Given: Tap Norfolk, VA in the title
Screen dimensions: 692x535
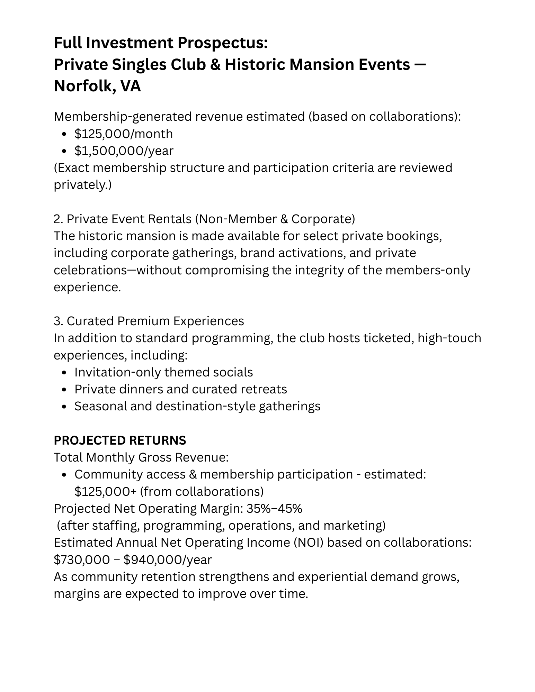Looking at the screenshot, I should click(x=97, y=86).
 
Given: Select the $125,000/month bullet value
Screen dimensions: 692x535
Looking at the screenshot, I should click(x=123, y=134).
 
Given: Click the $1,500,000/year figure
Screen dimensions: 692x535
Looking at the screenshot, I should click(x=124, y=151).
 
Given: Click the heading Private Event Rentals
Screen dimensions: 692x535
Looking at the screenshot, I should click(x=129, y=219).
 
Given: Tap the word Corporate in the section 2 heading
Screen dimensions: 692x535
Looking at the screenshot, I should click(x=323, y=219).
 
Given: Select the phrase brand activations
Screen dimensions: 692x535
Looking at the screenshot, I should click(x=293, y=253).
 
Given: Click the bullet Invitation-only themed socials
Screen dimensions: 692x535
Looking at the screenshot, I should click(x=163, y=372).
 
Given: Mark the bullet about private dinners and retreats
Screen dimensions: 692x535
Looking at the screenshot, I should click(x=180, y=389).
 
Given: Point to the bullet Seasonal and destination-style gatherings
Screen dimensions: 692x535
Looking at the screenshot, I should click(x=197, y=406).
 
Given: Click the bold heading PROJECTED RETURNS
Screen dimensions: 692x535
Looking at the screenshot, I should click(x=120, y=440).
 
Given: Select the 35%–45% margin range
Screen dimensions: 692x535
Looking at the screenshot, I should click(x=274, y=508).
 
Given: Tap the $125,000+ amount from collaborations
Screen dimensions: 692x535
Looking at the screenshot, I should click(x=106, y=491).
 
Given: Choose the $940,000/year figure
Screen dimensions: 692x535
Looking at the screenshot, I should click(x=168, y=559).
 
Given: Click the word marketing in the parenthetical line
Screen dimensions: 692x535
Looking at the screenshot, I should click(x=354, y=525).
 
